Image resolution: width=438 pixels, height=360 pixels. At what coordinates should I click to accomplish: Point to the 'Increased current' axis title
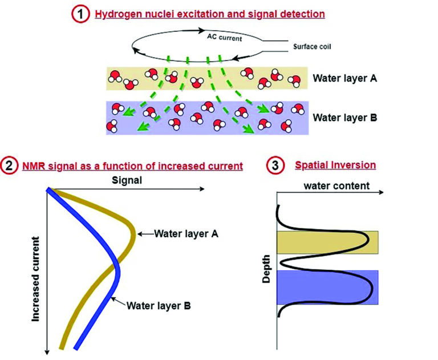pos(35,276)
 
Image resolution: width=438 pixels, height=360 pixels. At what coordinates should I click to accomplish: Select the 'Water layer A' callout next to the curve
pos(185,233)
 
